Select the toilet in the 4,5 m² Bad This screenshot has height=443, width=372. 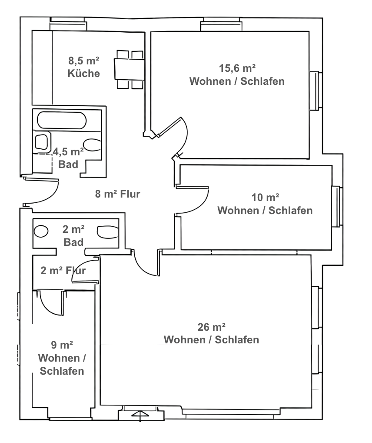pos(92,145)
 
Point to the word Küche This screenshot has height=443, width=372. pos(84,74)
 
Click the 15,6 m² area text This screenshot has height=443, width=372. pos(237,68)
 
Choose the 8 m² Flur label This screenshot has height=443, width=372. pos(117,194)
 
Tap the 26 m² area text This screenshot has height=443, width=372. pos(211,327)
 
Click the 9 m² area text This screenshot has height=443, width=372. pos(62,346)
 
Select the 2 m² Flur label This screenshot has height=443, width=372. pos(63,271)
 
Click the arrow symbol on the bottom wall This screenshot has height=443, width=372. pos(140,414)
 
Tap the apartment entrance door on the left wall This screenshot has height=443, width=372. pos(41,191)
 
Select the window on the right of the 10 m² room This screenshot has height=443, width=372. pos(336,206)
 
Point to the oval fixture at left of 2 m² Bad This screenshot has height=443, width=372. pos(41,231)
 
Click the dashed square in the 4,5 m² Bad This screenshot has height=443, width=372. pos(43,163)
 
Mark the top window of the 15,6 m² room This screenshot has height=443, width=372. pos(220,26)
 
